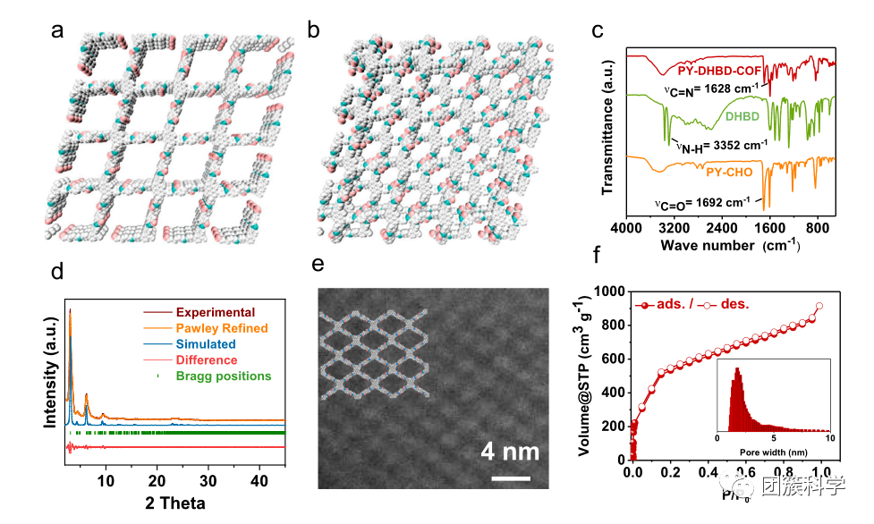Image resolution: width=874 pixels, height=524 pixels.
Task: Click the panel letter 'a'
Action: (58, 31)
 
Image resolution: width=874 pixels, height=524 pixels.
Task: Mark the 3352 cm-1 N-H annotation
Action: (721, 145)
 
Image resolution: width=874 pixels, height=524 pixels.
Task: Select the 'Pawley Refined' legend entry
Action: (222, 328)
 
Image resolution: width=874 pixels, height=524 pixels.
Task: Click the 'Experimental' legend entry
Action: (216, 313)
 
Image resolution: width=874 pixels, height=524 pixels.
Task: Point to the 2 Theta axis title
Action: (175, 503)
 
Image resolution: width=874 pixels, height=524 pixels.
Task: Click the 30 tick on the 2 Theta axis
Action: (208, 481)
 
